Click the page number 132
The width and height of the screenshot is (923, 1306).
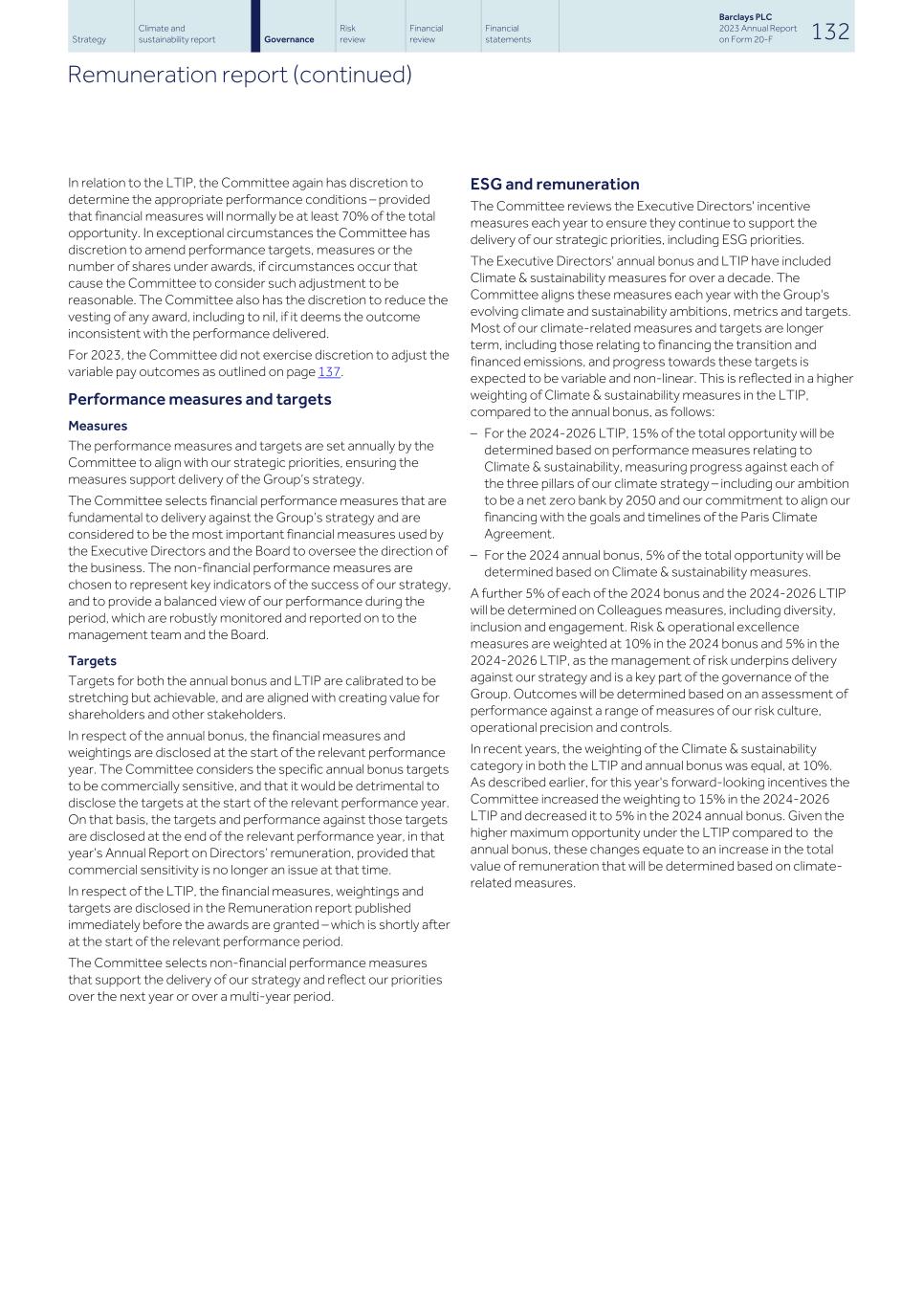[829, 32]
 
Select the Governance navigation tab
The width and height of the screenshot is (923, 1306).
[289, 39]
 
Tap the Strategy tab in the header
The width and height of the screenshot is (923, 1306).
[89, 39]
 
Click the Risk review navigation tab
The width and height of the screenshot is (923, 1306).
[352, 33]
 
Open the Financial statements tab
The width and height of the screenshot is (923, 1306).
[507, 33]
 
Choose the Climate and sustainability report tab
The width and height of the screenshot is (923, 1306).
[176, 33]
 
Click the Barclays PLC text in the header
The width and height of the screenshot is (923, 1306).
[745, 17]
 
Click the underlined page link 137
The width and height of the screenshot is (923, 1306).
[329, 372]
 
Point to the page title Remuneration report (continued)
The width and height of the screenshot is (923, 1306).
[239, 75]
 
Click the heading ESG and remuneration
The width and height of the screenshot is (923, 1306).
[555, 185]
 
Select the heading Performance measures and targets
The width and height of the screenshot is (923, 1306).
[199, 399]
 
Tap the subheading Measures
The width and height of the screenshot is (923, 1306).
[98, 426]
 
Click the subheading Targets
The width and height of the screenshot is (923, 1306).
[92, 661]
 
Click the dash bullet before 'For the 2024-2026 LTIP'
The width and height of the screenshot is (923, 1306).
[474, 433]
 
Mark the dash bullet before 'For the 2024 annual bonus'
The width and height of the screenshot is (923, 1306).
[474, 556]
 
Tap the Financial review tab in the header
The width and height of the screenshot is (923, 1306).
[426, 33]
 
